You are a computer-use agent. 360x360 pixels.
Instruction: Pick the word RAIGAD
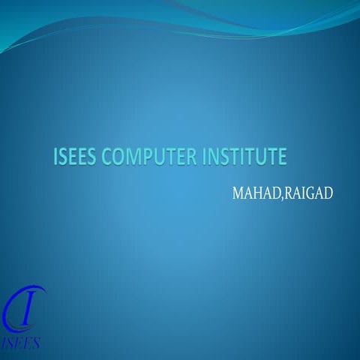point(307,194)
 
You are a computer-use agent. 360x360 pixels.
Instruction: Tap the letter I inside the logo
point(26,307)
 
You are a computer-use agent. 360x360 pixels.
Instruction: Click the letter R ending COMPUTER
point(193,157)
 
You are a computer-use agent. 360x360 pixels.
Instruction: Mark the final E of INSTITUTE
point(282,157)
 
